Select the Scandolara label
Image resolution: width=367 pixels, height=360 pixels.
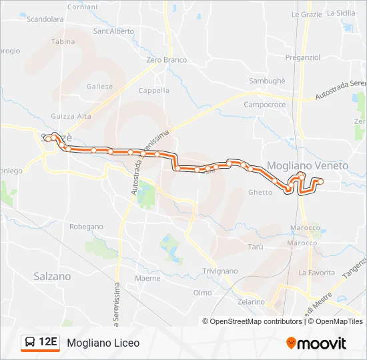[x=45, y=19]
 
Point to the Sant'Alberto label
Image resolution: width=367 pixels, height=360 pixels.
[x=113, y=31]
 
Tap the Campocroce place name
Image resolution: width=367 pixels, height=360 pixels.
[x=265, y=105]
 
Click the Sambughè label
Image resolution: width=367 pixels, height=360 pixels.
[x=267, y=81]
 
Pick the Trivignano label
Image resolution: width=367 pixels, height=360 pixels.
[x=220, y=271]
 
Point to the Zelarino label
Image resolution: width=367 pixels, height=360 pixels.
[x=250, y=302]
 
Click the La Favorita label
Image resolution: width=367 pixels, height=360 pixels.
[x=316, y=273]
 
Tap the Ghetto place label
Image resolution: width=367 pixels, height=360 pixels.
[x=260, y=193]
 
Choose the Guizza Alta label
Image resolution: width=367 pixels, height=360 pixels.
[x=75, y=116]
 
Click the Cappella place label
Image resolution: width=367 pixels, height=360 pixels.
[x=153, y=91]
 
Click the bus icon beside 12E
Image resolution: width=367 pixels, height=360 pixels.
[x=30, y=343]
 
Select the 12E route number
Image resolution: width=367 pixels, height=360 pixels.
[x=47, y=343]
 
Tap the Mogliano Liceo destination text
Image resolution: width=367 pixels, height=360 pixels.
[x=103, y=343]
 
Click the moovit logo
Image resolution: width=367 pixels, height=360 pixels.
[x=316, y=343]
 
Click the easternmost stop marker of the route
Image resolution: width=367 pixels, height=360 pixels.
[x=320, y=181]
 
